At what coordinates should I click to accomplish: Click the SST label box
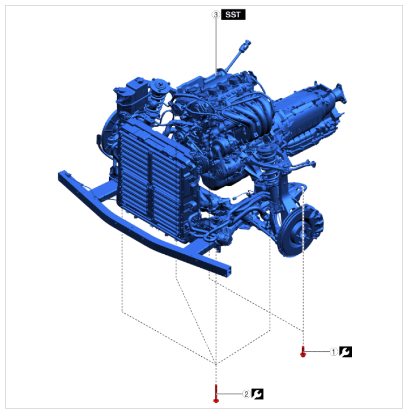(233, 15)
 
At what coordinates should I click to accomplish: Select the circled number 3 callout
(216, 15)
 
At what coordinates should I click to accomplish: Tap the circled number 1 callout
(334, 352)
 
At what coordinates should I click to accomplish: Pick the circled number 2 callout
(246, 394)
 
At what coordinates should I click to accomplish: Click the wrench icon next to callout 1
(345, 352)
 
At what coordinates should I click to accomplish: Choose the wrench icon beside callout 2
(257, 394)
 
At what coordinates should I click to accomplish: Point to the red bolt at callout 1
(303, 352)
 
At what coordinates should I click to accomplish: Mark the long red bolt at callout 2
(216, 393)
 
